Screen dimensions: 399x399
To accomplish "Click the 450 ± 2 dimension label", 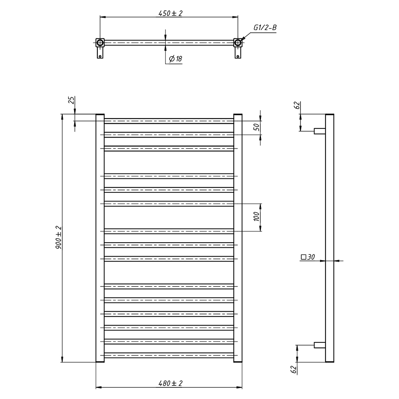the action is point(170,13).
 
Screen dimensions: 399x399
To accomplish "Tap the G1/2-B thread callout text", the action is point(265,28).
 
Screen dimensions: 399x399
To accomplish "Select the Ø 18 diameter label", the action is point(176,59).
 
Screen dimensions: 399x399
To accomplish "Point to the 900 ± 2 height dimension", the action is point(59,238).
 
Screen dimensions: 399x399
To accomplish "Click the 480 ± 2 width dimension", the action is point(170,383).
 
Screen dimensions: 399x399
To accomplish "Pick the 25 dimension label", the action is point(71,100).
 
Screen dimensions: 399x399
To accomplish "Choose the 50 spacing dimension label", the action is point(257,126).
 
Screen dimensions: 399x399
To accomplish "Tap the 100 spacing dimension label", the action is point(257,217).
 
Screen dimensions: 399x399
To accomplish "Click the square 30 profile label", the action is point(308,257).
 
